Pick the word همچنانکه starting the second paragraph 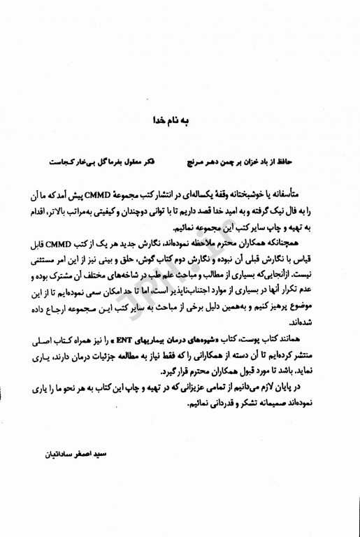click(x=305, y=243)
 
